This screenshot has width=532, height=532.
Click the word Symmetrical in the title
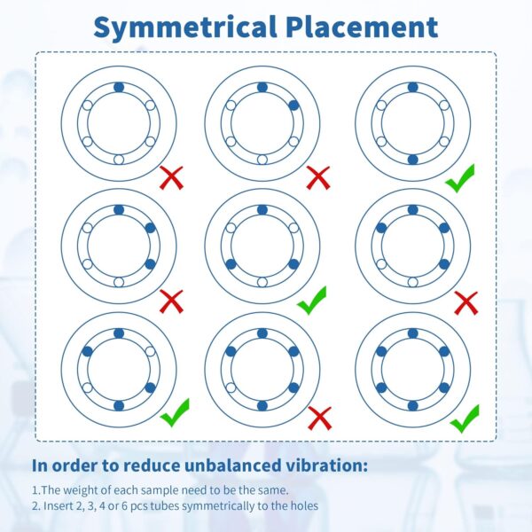(x=185, y=27)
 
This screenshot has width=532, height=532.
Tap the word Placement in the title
(x=362, y=26)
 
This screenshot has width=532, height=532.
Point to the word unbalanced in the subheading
(x=232, y=465)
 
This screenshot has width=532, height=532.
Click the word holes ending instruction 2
(x=304, y=506)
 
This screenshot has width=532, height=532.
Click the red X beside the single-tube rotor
(x=172, y=177)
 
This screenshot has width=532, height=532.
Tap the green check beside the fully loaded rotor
(x=465, y=419)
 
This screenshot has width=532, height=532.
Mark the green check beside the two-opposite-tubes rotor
(x=460, y=178)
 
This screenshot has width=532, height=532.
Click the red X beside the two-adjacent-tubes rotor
(x=318, y=177)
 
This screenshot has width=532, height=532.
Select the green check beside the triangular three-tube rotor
(x=311, y=301)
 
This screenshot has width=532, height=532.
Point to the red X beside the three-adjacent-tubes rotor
(x=172, y=301)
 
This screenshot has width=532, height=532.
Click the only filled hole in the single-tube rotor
(x=119, y=87)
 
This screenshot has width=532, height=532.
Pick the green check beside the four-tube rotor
(x=175, y=412)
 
